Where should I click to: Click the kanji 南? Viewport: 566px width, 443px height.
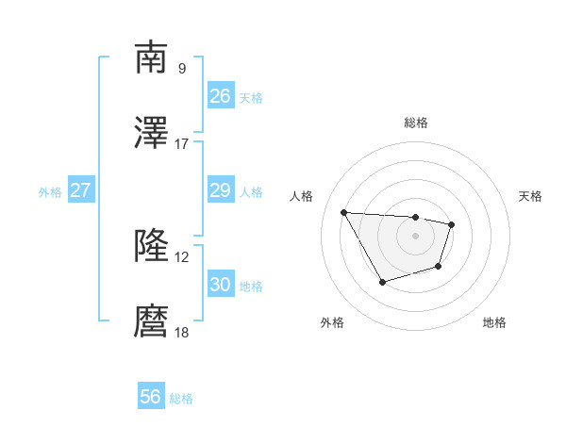[151, 57]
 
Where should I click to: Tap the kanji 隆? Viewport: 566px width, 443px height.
[151, 247]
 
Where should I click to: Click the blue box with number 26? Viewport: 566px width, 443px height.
[221, 96]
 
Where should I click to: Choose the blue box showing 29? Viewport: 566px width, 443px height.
[221, 191]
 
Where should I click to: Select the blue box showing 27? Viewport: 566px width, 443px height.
[81, 191]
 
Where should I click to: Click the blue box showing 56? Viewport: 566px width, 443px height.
[151, 397]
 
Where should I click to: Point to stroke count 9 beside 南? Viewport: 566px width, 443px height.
[182, 68]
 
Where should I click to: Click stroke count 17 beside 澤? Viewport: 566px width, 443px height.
[182, 144]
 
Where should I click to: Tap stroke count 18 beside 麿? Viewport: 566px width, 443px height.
[182, 333]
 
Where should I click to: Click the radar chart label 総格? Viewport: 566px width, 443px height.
[416, 123]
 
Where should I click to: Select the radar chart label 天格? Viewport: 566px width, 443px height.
[531, 196]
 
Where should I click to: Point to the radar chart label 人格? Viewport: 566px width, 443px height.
[302, 196]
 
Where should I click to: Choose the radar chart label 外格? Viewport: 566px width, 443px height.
[331, 323]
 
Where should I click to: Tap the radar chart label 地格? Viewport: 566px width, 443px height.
[494, 323]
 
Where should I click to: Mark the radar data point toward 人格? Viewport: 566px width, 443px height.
[344, 212]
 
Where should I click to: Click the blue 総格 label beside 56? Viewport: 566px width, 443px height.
[181, 399]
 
